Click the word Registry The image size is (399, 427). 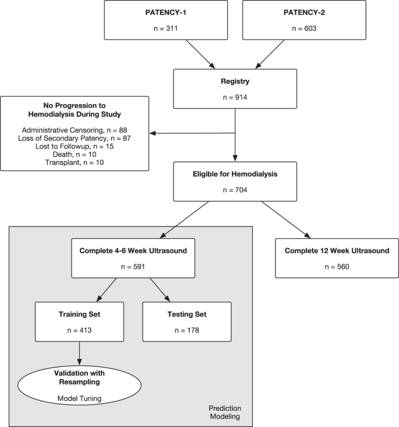pos(234,82)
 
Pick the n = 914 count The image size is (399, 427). pos(234,97)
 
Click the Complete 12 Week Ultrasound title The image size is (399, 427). pos(337,251)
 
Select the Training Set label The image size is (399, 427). pos(79,315)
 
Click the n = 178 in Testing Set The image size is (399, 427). pos(186,330)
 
